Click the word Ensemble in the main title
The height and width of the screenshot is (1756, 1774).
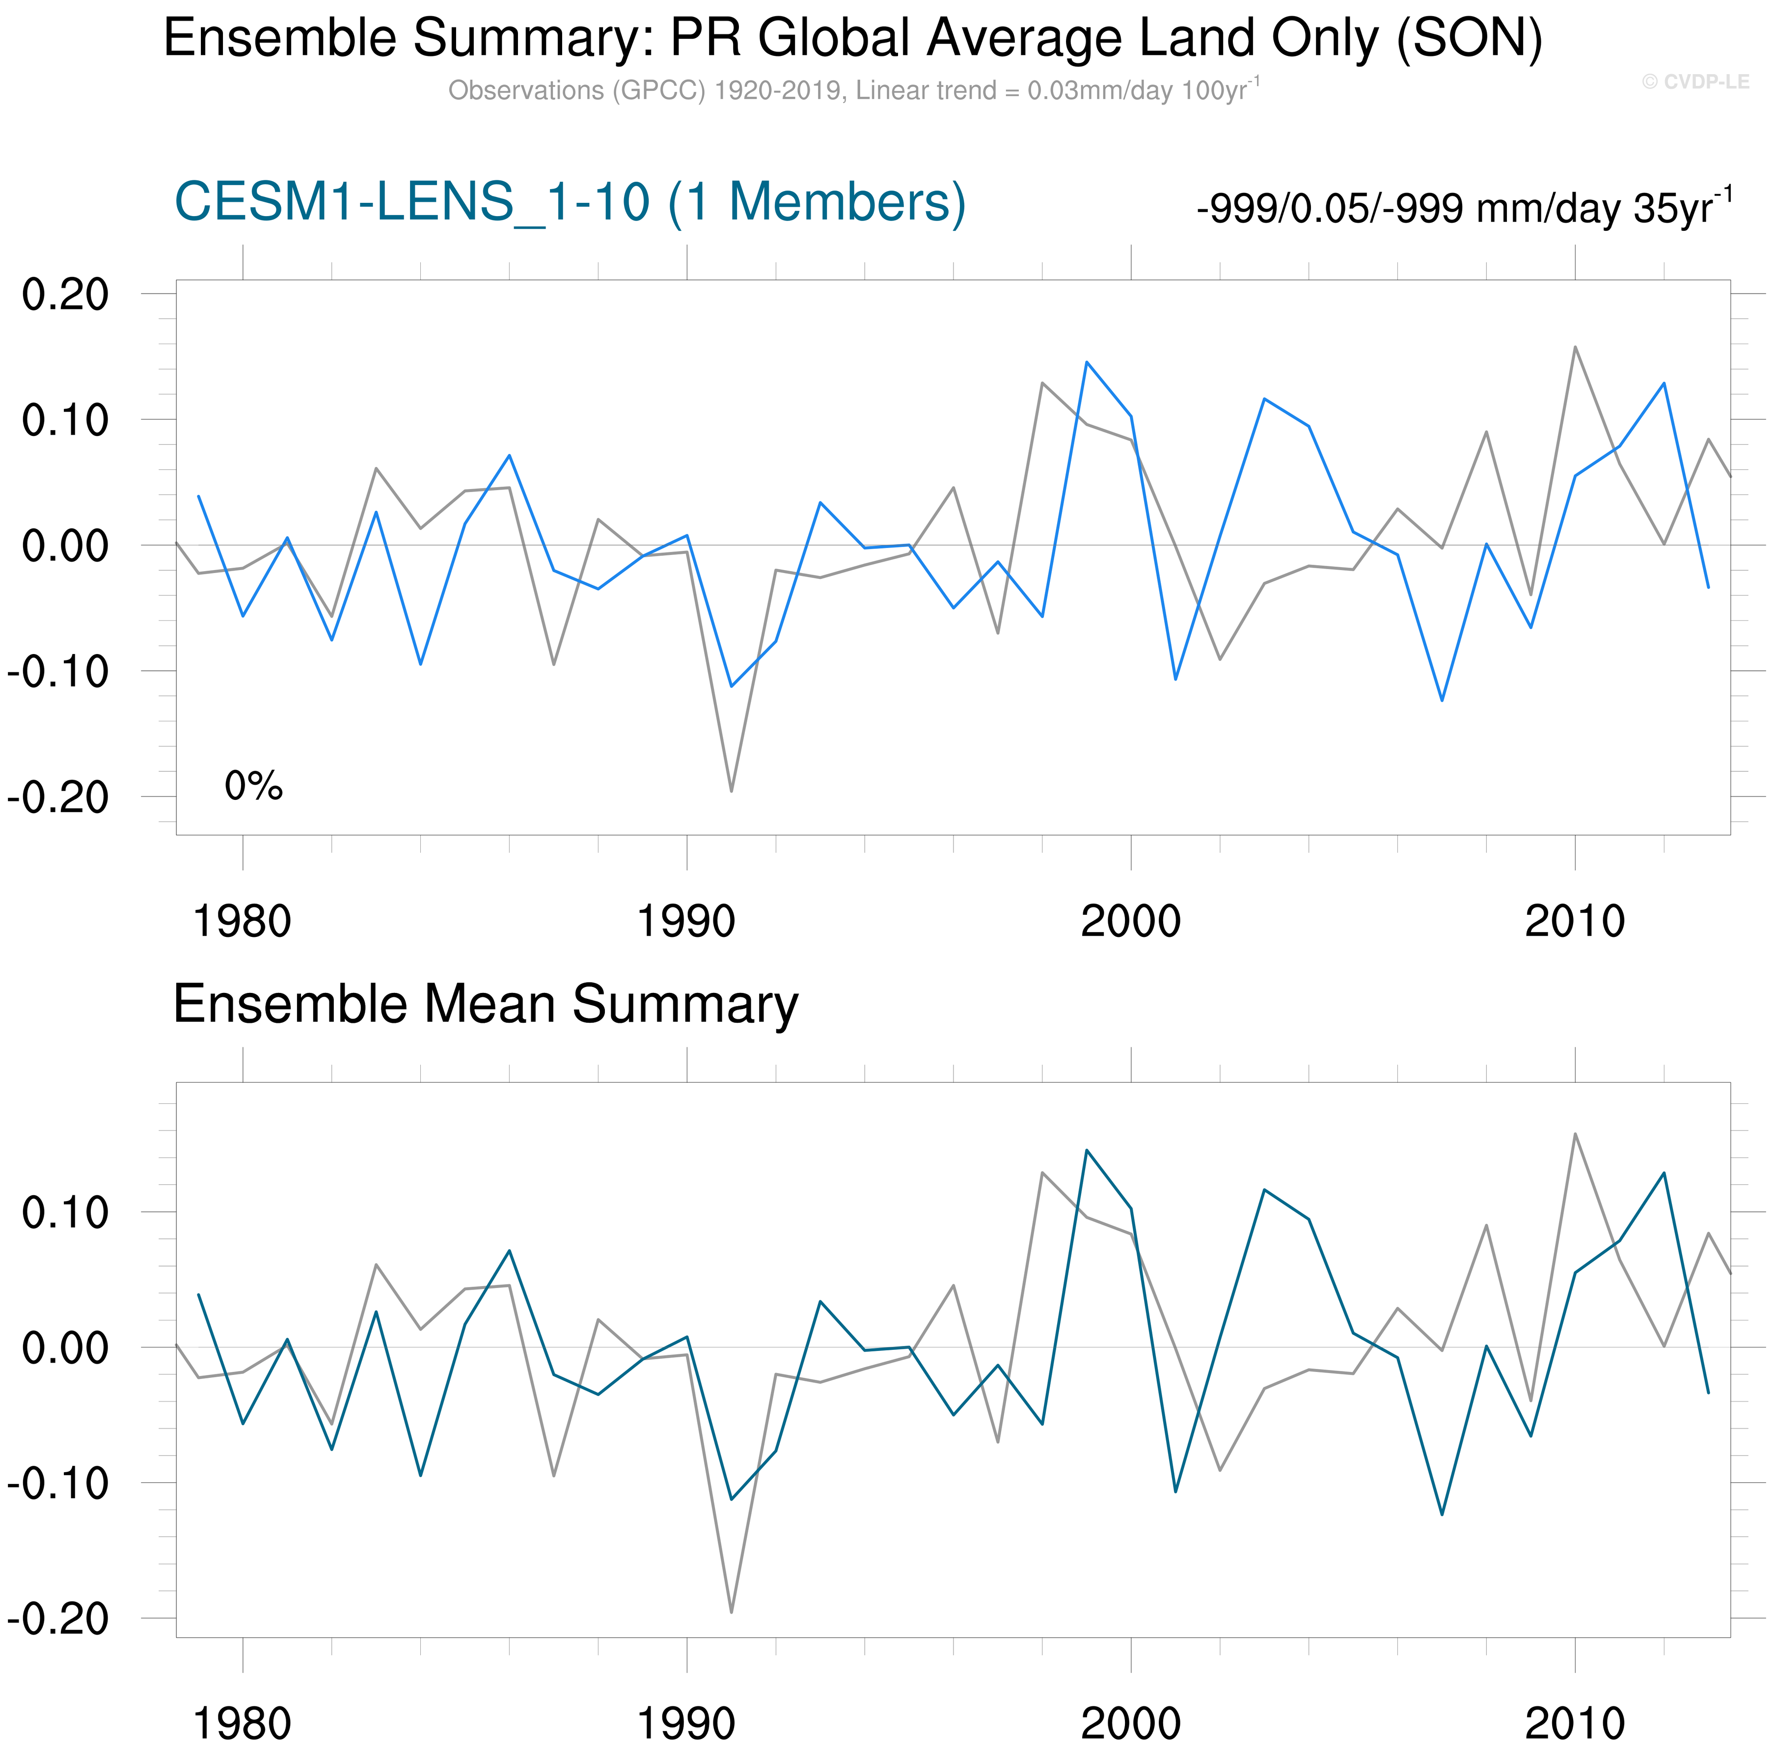(x=279, y=39)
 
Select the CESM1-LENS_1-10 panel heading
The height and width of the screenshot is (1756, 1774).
(x=569, y=202)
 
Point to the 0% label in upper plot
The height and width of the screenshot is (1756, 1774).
(x=253, y=786)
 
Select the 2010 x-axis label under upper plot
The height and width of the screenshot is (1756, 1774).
(x=1575, y=921)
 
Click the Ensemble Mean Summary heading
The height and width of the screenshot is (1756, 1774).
(x=485, y=1004)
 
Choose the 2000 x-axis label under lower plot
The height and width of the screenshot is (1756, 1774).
(x=1130, y=1723)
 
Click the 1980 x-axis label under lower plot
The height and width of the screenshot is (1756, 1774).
(x=243, y=1723)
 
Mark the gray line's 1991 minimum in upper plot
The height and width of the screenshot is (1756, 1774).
(x=732, y=791)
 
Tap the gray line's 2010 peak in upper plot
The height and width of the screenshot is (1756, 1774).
(x=1576, y=347)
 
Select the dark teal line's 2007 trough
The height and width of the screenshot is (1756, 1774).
(x=1442, y=1514)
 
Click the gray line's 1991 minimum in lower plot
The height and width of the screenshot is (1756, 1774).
(x=732, y=1612)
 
